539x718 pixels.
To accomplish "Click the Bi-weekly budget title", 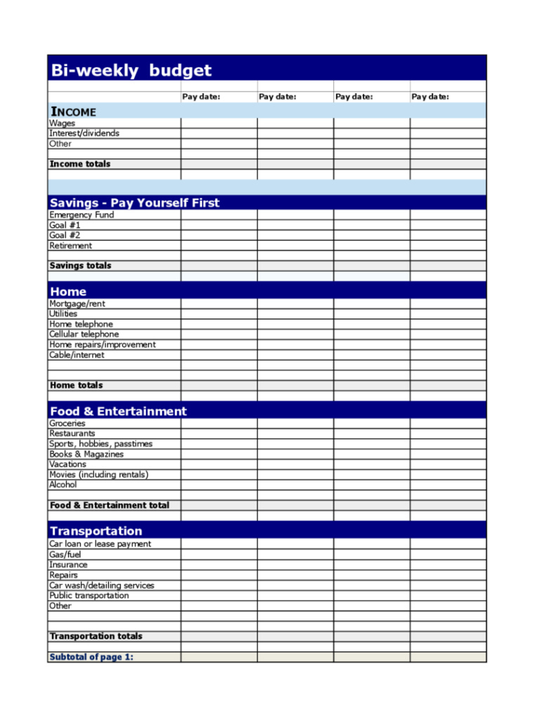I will click(x=130, y=70).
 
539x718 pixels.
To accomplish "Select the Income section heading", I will click(x=73, y=112).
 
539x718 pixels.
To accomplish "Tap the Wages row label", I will click(x=62, y=124).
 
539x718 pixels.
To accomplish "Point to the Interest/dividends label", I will click(x=84, y=134).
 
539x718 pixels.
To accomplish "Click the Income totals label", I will click(x=80, y=164).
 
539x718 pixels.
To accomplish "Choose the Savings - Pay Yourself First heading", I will click(x=134, y=203).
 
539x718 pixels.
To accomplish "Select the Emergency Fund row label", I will click(x=81, y=215).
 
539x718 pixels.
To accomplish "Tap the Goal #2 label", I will click(x=65, y=235).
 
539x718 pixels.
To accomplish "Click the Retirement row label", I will click(x=71, y=246).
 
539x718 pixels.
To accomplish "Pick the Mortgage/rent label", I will click(x=78, y=303).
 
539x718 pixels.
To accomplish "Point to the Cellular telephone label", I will click(x=84, y=335).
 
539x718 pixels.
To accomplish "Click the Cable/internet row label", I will click(x=77, y=355).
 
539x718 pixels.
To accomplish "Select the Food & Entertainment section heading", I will click(x=118, y=412).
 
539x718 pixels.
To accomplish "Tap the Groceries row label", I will click(x=67, y=423).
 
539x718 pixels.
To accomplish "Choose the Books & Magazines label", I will click(x=87, y=454).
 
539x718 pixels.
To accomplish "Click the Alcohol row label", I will click(x=63, y=485).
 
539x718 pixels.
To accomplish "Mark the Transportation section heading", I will click(x=96, y=531).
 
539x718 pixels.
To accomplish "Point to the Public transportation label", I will click(x=89, y=596).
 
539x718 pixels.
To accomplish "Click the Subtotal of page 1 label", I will click(x=91, y=657).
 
